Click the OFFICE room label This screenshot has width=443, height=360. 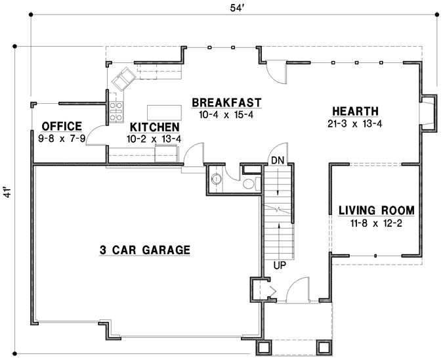(x=61, y=126)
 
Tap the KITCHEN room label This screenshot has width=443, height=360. (x=154, y=127)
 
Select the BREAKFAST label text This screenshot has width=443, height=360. (x=226, y=103)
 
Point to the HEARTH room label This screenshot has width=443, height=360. (x=354, y=112)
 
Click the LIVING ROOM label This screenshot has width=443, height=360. (x=376, y=211)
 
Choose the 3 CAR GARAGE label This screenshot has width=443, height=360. (x=145, y=250)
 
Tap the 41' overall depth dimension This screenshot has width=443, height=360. (x=7, y=192)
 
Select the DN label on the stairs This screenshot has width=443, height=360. (x=278, y=160)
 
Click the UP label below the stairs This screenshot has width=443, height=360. (x=278, y=266)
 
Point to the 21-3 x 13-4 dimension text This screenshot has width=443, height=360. (x=354, y=124)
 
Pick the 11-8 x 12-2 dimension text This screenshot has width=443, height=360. (x=376, y=223)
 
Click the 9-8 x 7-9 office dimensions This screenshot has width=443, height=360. (x=61, y=139)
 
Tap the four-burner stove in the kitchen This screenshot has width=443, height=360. (x=116, y=109)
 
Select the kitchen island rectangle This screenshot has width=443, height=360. (x=163, y=110)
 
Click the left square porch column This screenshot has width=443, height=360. (x=264, y=348)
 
